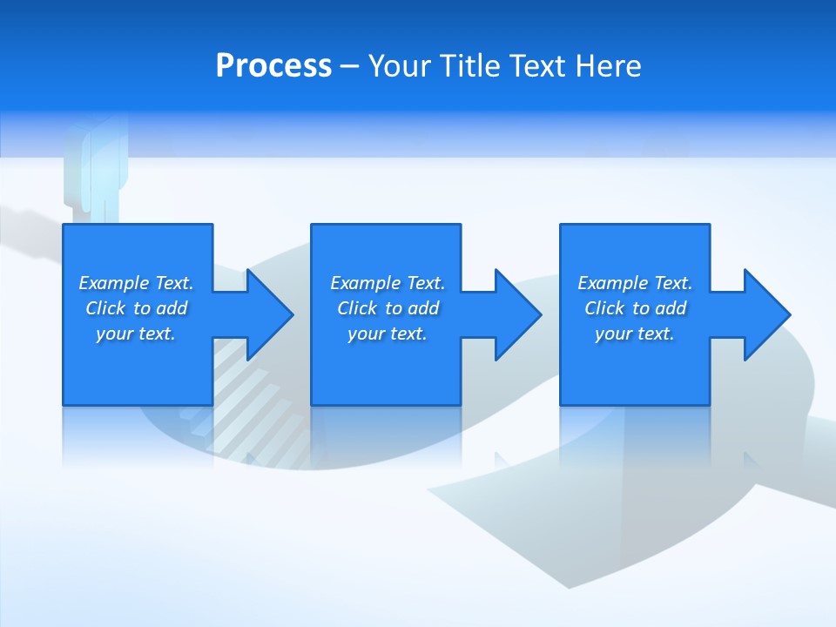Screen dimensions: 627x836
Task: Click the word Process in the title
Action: tap(273, 66)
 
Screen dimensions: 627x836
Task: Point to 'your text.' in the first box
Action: tap(136, 334)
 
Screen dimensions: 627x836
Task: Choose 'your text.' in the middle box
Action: tap(387, 334)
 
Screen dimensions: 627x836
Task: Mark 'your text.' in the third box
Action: tap(635, 334)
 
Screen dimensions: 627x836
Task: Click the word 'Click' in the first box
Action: tap(105, 308)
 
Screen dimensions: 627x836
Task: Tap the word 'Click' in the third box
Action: tap(604, 308)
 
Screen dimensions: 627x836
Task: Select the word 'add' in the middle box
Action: tap(423, 308)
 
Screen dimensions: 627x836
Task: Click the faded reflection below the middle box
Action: tap(386, 435)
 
